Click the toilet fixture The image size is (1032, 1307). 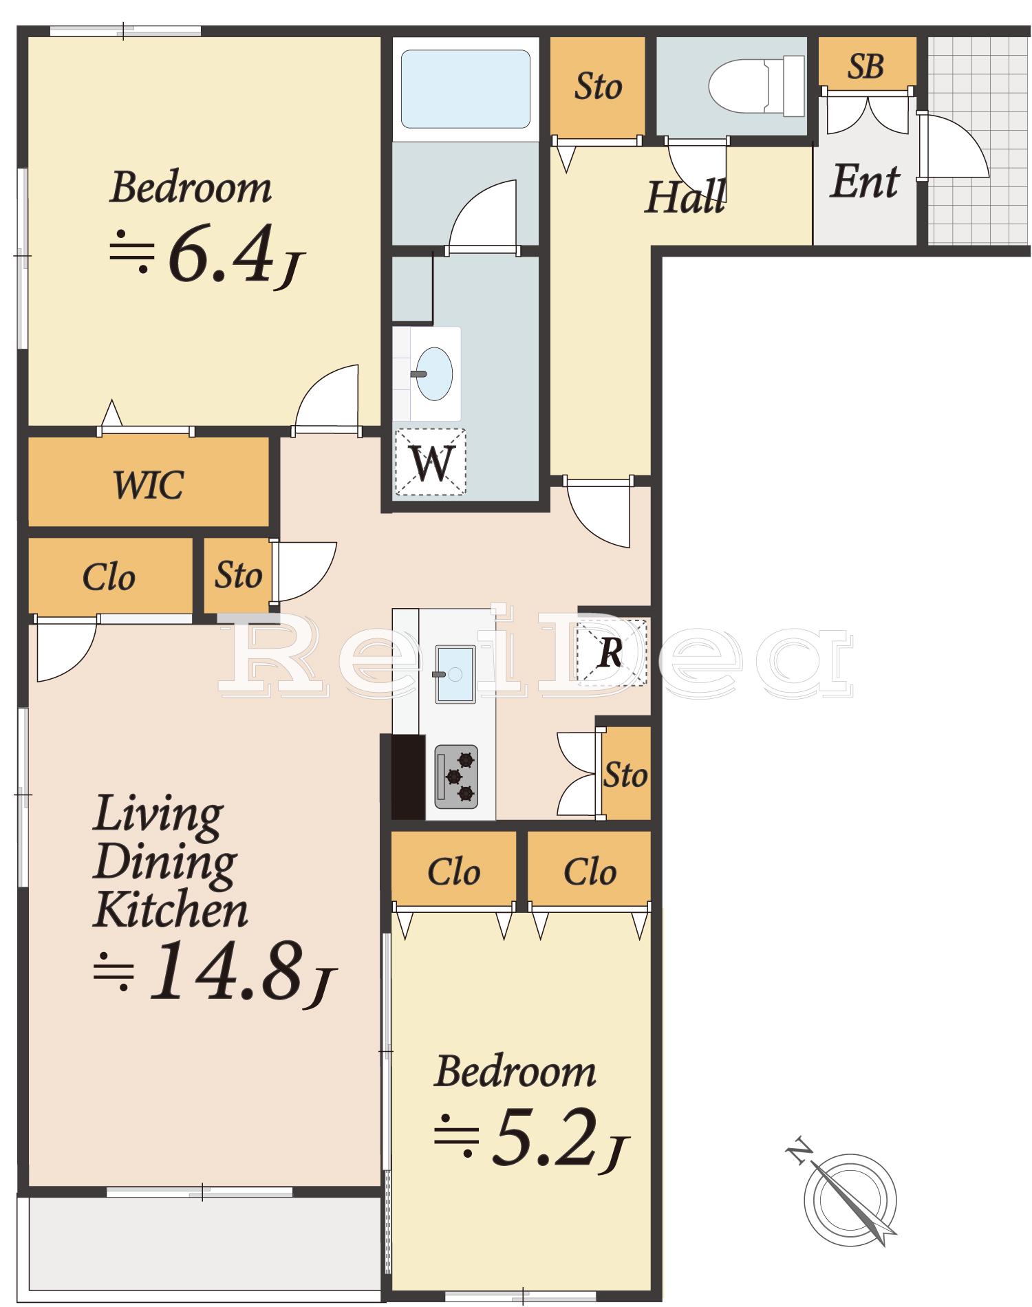756,85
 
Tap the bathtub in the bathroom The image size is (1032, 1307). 465,88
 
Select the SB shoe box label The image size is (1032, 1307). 866,67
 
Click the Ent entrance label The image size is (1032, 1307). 865,182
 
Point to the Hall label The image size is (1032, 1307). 685,197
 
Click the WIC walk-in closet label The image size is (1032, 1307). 148,484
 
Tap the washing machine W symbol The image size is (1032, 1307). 431,462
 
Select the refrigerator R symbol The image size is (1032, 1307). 612,652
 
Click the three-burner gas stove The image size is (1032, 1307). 456,777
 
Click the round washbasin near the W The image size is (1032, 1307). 435,374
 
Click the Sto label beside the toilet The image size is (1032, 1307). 598,87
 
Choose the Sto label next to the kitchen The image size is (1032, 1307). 625,775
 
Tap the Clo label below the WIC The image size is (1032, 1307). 109,577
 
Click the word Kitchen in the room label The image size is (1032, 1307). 171,909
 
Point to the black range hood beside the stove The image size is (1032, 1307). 408,777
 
